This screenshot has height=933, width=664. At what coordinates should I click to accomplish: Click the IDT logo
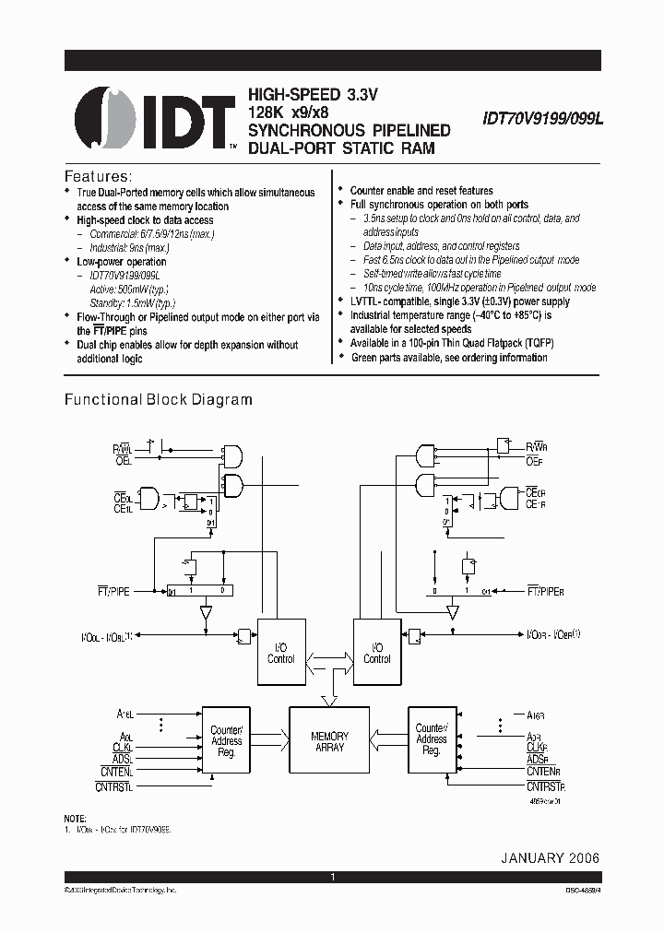tap(153, 121)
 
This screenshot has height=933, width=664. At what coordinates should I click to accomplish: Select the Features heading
tap(97, 175)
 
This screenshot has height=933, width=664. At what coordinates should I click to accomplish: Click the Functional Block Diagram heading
tap(157, 400)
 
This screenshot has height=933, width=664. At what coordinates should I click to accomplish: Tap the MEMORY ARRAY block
tap(329, 741)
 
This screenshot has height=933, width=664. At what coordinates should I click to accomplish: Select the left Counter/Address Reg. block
tap(226, 740)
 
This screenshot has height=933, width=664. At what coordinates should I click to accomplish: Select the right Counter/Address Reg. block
tap(431, 740)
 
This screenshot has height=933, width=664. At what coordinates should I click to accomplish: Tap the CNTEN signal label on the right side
tap(544, 771)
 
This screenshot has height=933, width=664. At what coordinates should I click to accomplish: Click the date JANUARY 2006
tap(550, 857)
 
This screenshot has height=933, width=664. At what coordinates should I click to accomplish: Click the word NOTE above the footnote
tap(75, 819)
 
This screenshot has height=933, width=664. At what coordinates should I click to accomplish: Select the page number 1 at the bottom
tap(332, 878)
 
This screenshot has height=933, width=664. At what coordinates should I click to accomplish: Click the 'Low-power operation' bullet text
tap(121, 262)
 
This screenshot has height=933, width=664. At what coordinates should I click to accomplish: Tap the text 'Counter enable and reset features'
tap(421, 191)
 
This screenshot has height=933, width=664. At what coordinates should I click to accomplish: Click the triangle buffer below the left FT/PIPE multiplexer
tap(205, 611)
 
